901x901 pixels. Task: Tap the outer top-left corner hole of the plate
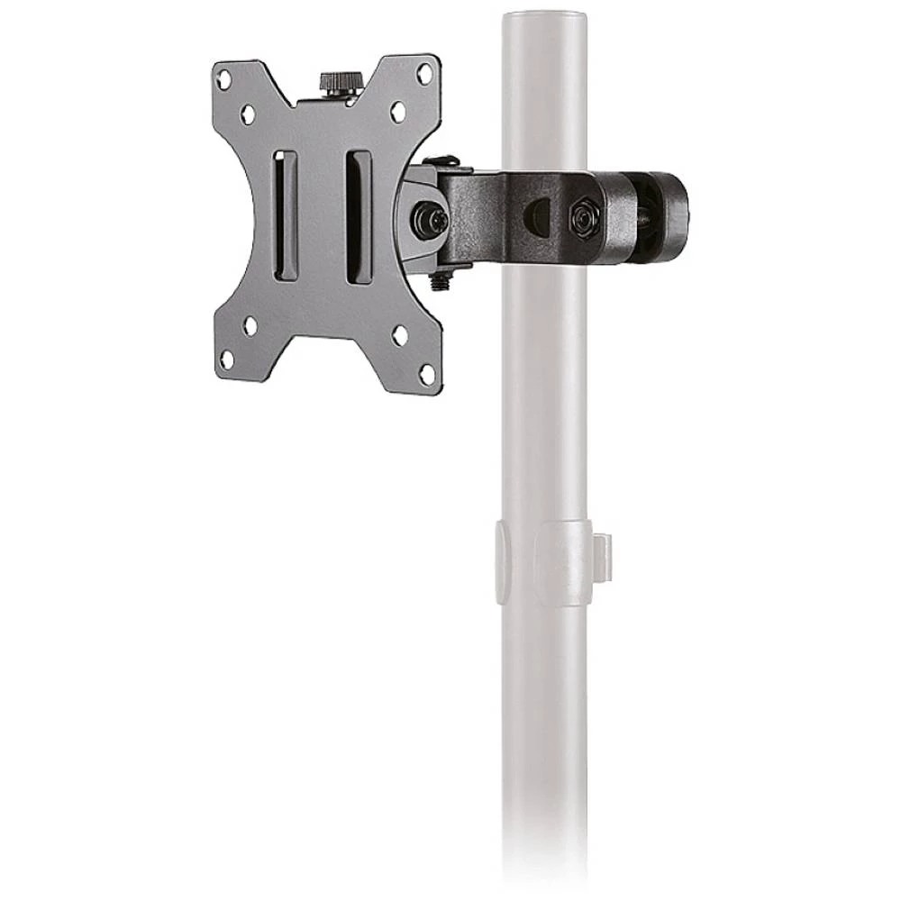[224, 79]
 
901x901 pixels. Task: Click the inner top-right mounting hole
[397, 112]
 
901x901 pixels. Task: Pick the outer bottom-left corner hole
[226, 359]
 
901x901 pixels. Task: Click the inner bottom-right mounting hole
[399, 335]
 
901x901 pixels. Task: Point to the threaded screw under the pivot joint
[441, 279]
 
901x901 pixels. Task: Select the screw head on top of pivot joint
[441, 162]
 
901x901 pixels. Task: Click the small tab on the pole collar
[602, 557]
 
